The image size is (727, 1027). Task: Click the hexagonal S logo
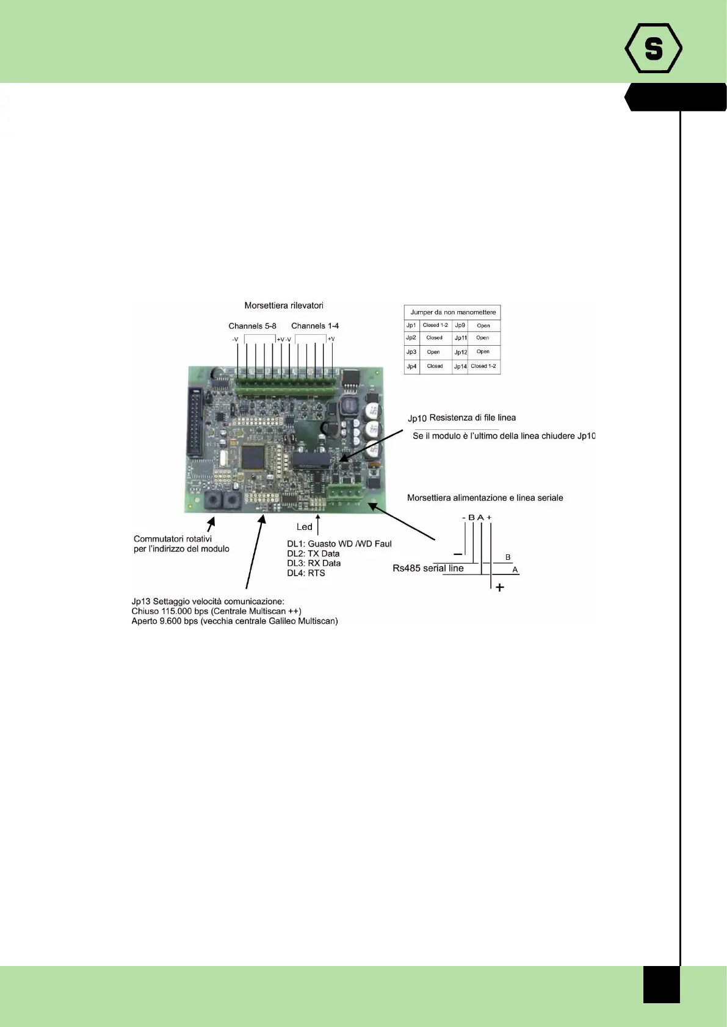pos(653,48)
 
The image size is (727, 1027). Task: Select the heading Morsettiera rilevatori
pos(284,306)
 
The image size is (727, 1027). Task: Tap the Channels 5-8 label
pos(252,326)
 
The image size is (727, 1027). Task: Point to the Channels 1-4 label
pos(315,326)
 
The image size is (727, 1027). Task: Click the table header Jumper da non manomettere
pos(453,312)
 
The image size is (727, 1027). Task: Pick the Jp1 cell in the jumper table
pos(411,326)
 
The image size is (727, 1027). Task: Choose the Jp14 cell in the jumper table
pos(460,367)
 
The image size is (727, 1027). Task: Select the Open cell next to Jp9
pos(483,326)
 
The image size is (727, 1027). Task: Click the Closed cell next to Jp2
pos(435,338)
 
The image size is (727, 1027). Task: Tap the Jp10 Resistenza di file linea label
pos(461,418)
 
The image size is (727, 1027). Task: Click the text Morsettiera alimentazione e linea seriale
pos(485,498)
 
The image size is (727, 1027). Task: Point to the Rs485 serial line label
pos(428,568)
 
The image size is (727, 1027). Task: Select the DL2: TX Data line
pos(313,554)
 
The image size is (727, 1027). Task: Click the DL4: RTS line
pos(306,573)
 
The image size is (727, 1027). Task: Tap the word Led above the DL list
pos(304,527)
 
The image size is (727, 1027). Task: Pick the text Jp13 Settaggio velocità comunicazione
pos(208,601)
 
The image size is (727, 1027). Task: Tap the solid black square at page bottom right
pos(661,984)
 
